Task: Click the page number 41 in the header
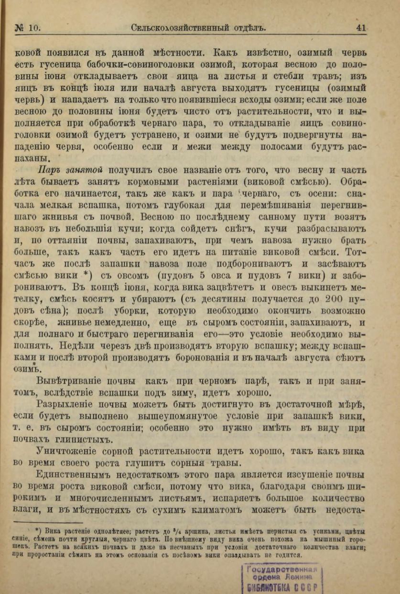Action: tap(361, 28)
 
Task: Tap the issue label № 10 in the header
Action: tap(28, 28)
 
